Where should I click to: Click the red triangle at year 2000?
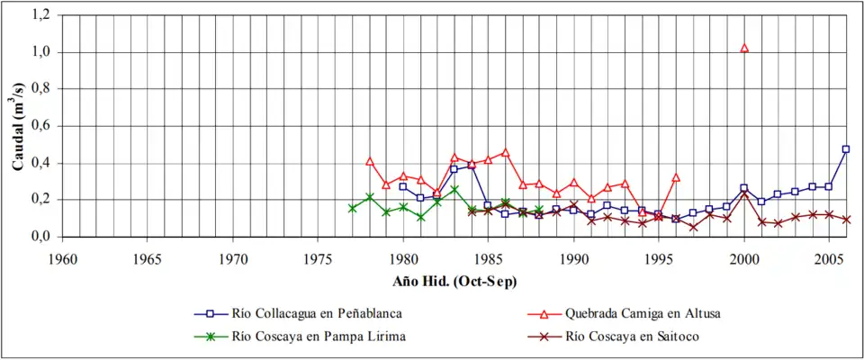coord(744,48)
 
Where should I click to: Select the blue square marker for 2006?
coord(846,149)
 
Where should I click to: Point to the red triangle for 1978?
coord(369,161)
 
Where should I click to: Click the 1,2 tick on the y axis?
coord(40,15)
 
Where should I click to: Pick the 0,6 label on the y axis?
coord(40,126)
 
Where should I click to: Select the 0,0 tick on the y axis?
coord(40,237)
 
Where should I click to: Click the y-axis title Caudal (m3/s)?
coord(18,126)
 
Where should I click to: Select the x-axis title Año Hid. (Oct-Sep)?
coord(454,281)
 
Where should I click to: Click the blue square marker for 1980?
coord(403,186)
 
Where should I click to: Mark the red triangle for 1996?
coord(676,177)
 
